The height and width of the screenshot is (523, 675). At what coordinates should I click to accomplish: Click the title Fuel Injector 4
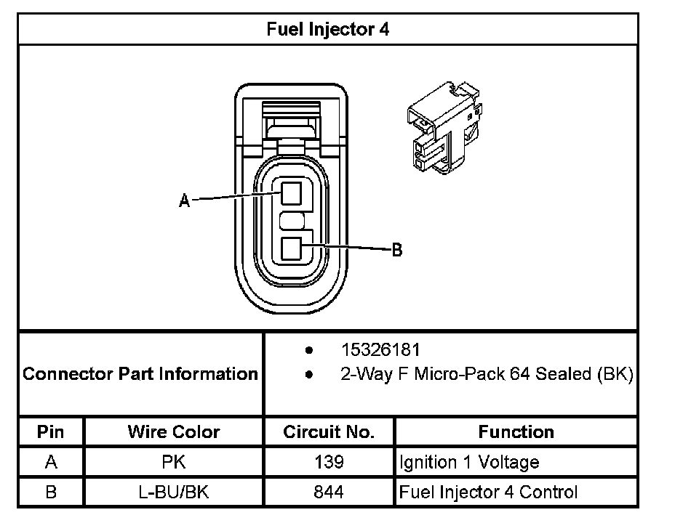click(x=328, y=30)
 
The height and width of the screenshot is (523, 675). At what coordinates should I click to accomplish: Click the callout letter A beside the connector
click(x=185, y=201)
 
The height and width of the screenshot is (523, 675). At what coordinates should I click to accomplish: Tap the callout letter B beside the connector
click(x=396, y=251)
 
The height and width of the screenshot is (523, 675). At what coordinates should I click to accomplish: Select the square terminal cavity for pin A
click(x=291, y=194)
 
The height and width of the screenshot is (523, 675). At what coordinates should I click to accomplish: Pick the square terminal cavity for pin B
click(x=291, y=249)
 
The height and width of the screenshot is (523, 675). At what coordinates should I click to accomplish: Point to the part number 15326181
click(x=380, y=350)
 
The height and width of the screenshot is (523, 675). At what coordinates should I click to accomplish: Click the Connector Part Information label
click(x=140, y=374)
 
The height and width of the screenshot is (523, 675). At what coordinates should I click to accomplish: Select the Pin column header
click(x=51, y=432)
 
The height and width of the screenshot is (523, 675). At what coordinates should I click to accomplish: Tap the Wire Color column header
click(x=174, y=432)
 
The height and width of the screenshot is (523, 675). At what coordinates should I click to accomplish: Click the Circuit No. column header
click(x=329, y=432)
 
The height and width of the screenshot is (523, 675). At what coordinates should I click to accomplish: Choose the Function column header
click(x=516, y=432)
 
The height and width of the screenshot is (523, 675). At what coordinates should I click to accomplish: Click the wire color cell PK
click(x=174, y=462)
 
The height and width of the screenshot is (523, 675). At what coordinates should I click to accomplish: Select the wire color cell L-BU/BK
click(x=174, y=492)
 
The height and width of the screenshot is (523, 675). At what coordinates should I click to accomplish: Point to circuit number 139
click(x=329, y=462)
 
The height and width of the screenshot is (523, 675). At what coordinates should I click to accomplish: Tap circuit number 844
click(x=329, y=492)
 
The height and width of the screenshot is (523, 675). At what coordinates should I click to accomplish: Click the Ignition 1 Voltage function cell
click(x=469, y=462)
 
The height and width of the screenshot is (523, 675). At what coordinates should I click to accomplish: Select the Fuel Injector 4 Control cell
click(x=488, y=492)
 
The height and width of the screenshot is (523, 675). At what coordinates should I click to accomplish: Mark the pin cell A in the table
click(x=51, y=462)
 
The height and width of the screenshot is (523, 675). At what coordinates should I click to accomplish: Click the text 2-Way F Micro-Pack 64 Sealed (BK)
click(x=487, y=375)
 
